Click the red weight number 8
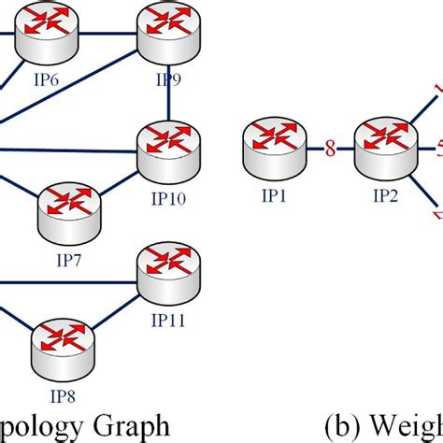tap(328, 146)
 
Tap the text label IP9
tap(168, 80)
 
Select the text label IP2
tap(385, 197)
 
